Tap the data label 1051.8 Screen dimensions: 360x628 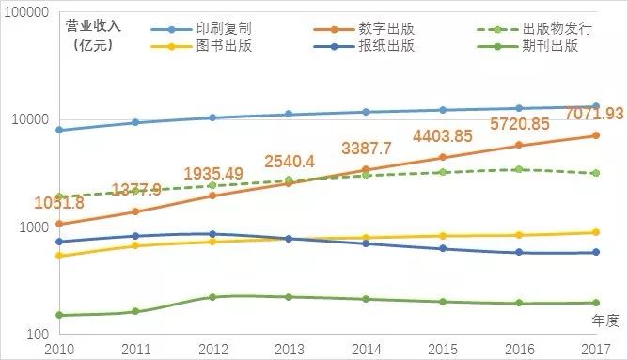(x=59, y=203)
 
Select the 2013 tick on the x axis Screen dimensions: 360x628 (x=289, y=349)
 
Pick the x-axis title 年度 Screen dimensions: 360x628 (x=605, y=321)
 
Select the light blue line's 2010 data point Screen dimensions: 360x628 (x=59, y=130)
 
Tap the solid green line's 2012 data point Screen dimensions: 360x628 (x=212, y=297)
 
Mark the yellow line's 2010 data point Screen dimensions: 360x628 (x=59, y=256)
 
